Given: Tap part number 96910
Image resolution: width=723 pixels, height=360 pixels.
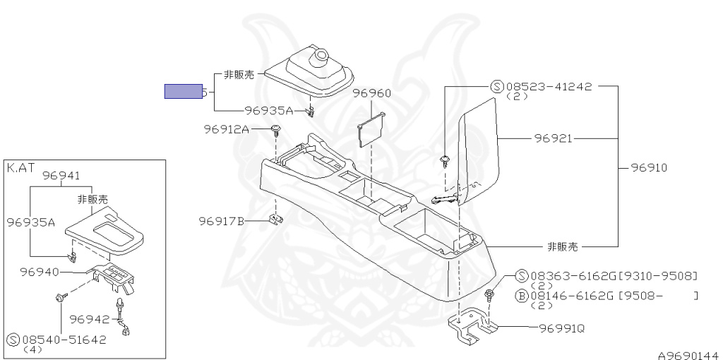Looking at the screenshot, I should [648, 168].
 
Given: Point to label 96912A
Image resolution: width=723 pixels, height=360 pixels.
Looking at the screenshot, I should [227, 129].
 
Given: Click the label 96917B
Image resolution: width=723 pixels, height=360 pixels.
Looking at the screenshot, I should [221, 222].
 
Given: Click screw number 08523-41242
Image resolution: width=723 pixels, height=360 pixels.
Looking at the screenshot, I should [549, 87].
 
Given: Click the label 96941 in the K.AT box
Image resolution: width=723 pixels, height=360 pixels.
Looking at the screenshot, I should [61, 176].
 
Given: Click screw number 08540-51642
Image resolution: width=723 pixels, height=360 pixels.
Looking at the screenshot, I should [64, 339].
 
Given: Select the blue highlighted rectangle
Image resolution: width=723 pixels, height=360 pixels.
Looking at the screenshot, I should [183, 91].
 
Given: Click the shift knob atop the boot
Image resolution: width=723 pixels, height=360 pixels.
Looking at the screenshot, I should [322, 53].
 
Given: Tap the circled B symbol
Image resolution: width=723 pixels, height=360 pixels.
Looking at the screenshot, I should [521, 296].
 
